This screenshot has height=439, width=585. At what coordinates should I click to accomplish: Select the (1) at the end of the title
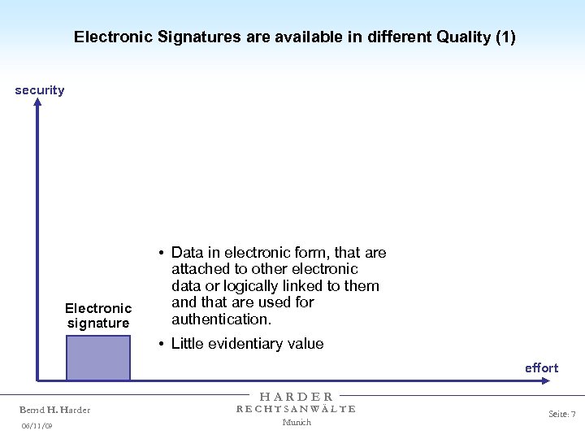[504, 37]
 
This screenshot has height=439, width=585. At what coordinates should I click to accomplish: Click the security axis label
[39, 90]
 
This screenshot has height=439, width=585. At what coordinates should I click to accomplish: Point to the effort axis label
[541, 368]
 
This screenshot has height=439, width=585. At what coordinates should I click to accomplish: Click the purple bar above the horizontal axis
[97, 358]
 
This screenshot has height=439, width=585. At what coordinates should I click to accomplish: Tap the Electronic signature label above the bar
[98, 315]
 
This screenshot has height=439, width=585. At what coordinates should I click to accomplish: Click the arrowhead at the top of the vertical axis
[37, 103]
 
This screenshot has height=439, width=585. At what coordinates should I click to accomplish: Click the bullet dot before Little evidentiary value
[163, 344]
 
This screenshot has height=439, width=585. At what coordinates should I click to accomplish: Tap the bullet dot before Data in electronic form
[163, 253]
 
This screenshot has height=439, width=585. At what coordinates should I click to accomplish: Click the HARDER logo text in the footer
[297, 397]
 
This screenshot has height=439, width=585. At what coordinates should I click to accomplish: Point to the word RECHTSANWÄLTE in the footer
[297, 409]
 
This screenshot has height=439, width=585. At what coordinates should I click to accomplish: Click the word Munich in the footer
[297, 422]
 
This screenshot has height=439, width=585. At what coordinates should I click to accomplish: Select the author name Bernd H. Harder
[55, 410]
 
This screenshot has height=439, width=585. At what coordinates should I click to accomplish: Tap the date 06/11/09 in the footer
[37, 425]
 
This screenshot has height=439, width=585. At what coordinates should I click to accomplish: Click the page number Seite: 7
[561, 415]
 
